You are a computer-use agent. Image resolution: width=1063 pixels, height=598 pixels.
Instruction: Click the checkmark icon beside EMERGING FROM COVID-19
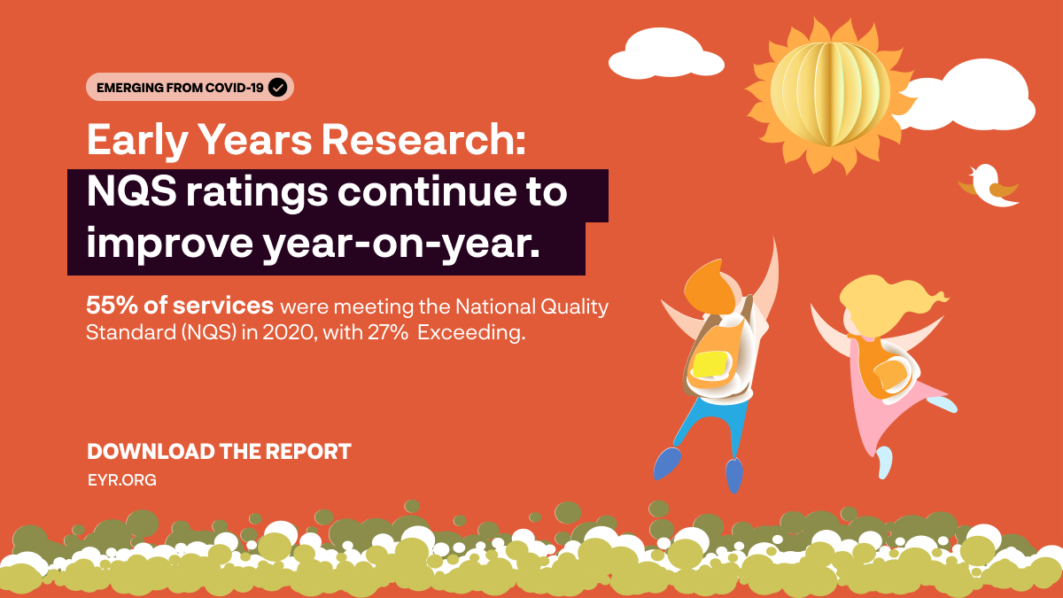(x=277, y=87)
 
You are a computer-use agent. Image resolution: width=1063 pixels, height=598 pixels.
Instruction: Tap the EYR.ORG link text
(x=121, y=480)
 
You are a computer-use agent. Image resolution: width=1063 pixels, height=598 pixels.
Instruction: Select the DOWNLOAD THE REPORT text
(x=219, y=452)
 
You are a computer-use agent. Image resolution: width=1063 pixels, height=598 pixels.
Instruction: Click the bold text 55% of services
(x=180, y=307)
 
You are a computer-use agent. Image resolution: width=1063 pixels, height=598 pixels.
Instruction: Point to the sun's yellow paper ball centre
(x=829, y=94)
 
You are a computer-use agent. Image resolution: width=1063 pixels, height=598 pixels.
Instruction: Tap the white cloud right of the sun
(x=983, y=97)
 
